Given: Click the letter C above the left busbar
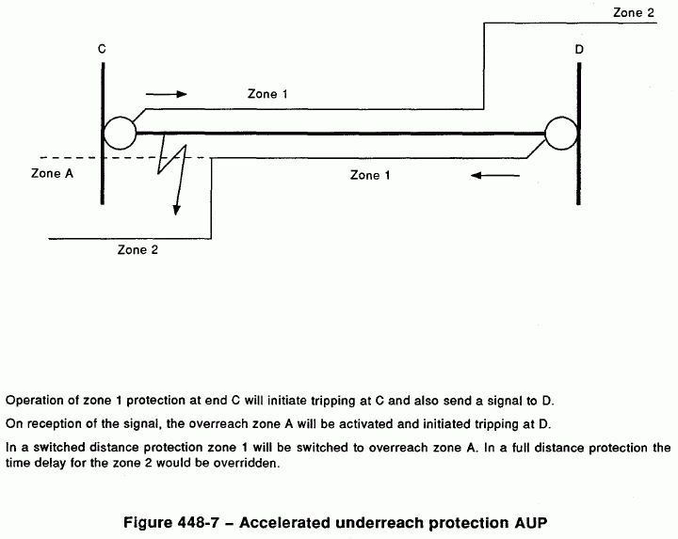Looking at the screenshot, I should coord(101,47).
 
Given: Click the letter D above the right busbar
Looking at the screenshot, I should coord(578,48).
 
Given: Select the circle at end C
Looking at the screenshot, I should coord(120,134).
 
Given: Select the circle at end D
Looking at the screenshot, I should coord(561,134).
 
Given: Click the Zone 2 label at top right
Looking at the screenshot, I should coord(633,12).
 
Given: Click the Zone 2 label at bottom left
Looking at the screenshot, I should coord(137,250).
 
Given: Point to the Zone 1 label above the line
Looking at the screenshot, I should coord(268,94).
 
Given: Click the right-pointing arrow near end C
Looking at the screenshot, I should coord(168,94).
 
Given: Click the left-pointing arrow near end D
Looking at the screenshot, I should coord(491,175).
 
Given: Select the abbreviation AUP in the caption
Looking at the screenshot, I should coord(547,521).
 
